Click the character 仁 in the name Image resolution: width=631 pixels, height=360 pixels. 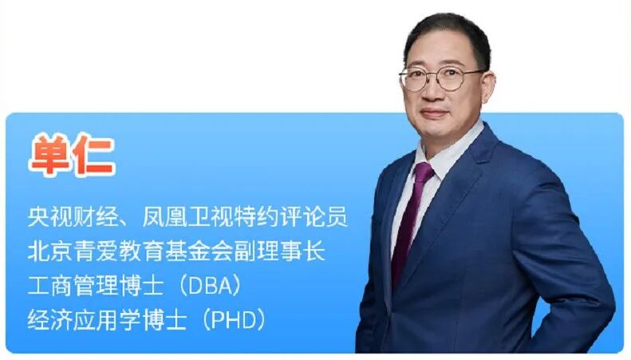(x=94, y=156)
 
